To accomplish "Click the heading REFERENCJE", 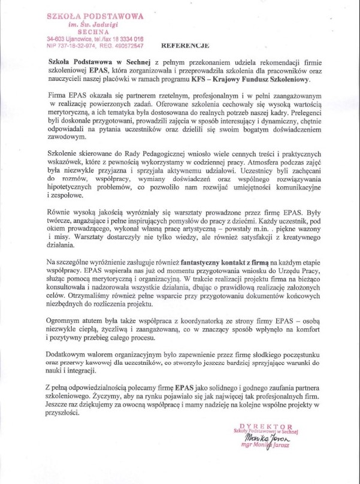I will point(186,46).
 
